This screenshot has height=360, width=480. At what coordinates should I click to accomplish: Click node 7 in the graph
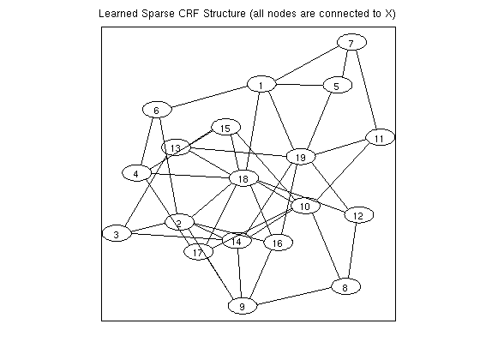pyautogui.click(x=351, y=42)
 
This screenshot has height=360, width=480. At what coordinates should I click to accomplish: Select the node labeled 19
pyautogui.click(x=301, y=157)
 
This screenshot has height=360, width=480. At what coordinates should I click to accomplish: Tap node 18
pyautogui.click(x=243, y=178)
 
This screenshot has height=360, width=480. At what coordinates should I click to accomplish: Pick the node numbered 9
pyautogui.click(x=243, y=306)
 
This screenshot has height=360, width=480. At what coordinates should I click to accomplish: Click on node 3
pyautogui.click(x=117, y=234)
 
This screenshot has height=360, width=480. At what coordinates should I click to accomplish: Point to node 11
pyautogui.click(x=381, y=137)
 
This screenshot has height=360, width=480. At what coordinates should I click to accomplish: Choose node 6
pyautogui.click(x=157, y=110)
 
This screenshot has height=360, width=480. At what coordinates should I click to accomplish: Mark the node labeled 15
pyautogui.click(x=226, y=127)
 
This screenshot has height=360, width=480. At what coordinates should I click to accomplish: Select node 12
pyautogui.click(x=359, y=215)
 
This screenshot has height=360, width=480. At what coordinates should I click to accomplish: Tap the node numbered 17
pyautogui.click(x=198, y=252)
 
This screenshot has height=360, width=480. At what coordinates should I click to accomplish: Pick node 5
pyautogui.click(x=338, y=85)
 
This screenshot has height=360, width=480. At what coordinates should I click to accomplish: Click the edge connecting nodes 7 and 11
pyautogui.click(x=367, y=90)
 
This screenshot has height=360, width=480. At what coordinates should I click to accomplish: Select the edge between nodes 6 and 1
pyautogui.click(x=209, y=97)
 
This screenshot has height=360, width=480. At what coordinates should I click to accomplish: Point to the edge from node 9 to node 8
pyautogui.click(x=295, y=296)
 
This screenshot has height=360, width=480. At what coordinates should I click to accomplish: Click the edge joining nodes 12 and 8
pyautogui.click(x=352, y=251)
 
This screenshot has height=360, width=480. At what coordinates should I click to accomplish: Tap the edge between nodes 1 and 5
pyautogui.click(x=299, y=85)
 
